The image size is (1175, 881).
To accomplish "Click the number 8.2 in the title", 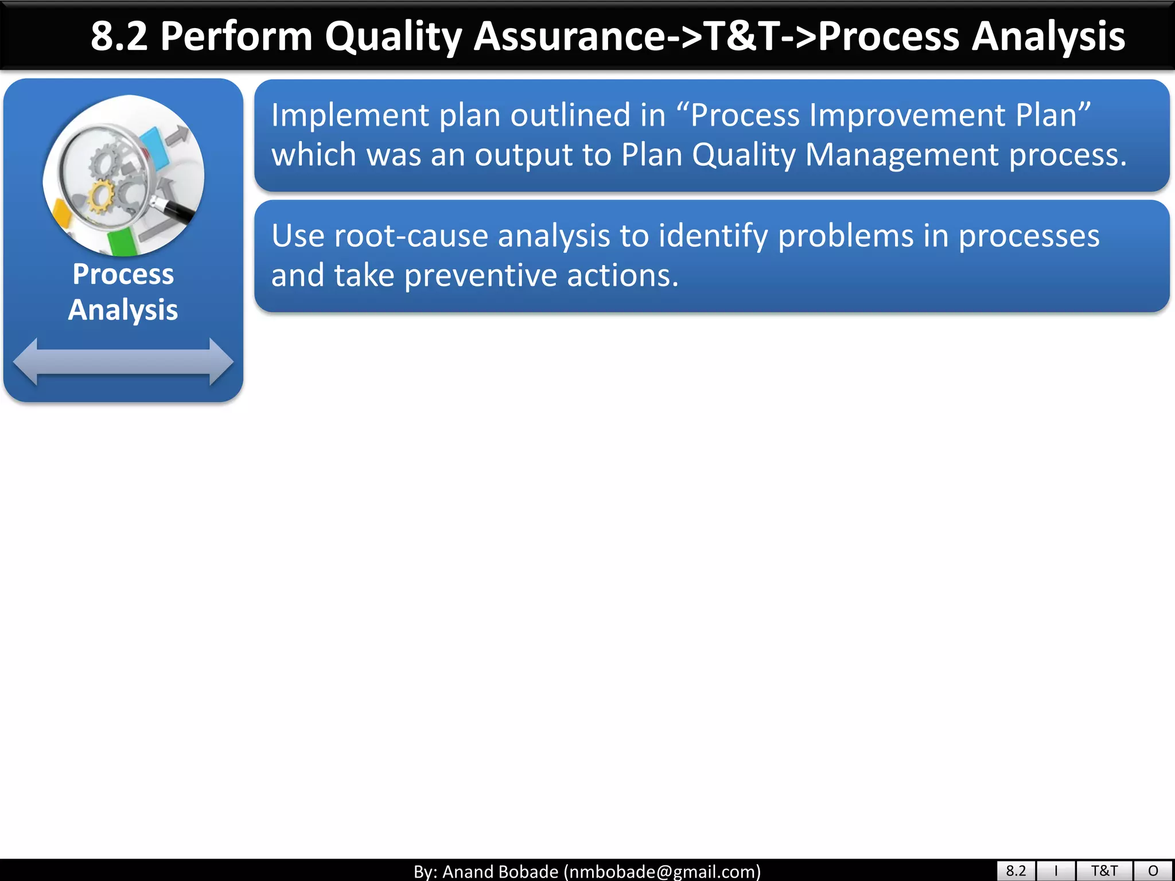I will (x=119, y=37).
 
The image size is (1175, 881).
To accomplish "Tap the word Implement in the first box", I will (x=350, y=116).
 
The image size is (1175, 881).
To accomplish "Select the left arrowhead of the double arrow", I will (x=26, y=361).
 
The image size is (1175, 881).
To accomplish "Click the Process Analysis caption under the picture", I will (x=123, y=291).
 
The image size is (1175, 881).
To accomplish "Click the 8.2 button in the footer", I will (x=1016, y=871).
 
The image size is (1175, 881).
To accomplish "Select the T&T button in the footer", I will (x=1104, y=871).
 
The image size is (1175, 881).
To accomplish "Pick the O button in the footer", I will (x=1153, y=871).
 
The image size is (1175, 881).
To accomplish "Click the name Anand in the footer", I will (x=470, y=871).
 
